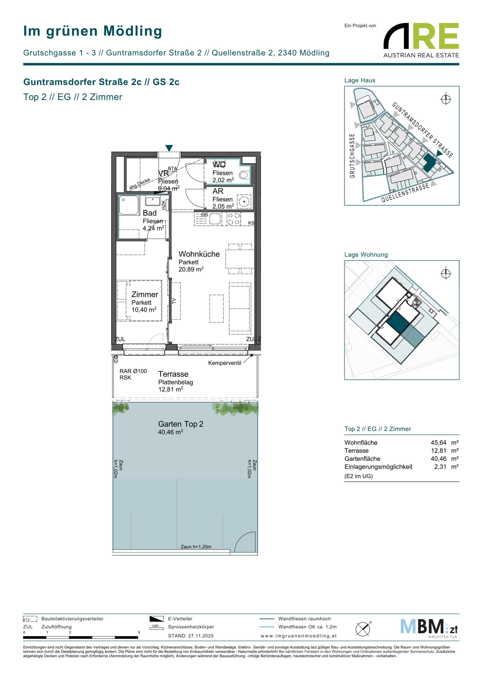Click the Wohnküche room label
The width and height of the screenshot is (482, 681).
[x=199, y=254]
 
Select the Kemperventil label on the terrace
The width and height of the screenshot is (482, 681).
[x=225, y=363]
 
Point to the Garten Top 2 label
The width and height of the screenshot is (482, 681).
[x=181, y=424]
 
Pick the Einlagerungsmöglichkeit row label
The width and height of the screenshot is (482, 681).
[x=378, y=467]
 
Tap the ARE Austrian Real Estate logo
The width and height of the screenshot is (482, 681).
[x=421, y=40]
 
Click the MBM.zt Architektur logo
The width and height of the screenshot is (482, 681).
[x=429, y=628]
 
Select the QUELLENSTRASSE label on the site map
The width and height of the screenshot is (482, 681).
[x=405, y=193]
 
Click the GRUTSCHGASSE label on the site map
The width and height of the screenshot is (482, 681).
[x=352, y=156]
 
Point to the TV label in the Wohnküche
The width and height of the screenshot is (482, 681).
[x=174, y=301]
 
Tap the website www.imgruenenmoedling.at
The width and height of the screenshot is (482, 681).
[x=299, y=636]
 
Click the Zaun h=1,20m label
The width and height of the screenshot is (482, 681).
[x=196, y=547]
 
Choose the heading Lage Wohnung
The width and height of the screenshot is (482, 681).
[x=366, y=254]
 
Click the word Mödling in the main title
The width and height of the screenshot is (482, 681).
[x=133, y=31]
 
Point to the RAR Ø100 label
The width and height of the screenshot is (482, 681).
[x=133, y=371]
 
